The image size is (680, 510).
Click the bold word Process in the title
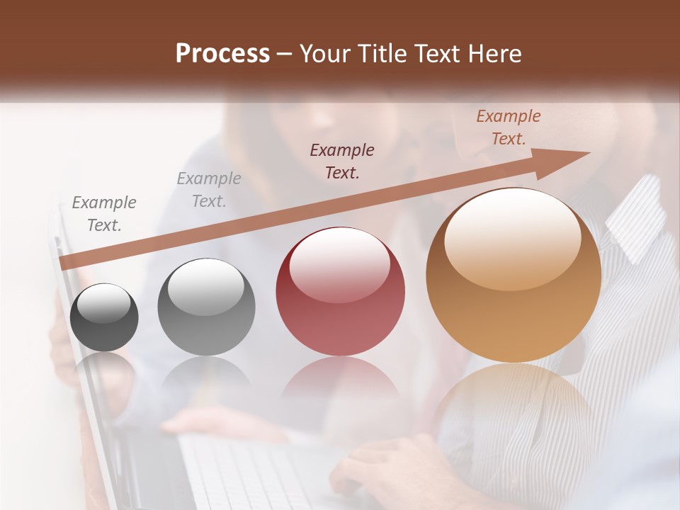[222, 54]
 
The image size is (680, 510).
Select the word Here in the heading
[494, 54]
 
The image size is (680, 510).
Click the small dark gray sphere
[104, 317]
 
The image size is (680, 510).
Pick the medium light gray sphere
[206, 307]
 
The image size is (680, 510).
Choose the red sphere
[340, 292]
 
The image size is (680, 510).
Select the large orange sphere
[513, 275]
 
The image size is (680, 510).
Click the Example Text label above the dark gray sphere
[104, 213]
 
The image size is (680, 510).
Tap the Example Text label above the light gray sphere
[209, 189]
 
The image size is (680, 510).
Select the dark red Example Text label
[342, 161]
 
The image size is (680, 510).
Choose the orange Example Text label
[509, 127]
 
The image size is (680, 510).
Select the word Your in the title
[325, 54]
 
